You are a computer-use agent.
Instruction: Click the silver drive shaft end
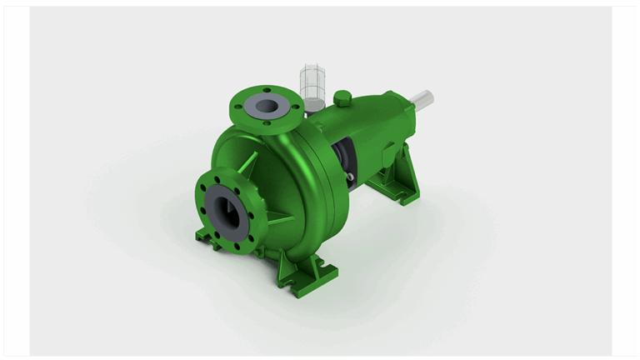pos(422,98)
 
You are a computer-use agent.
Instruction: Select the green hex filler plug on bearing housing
pos(342,98)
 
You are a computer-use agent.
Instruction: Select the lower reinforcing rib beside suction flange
pos(277,221)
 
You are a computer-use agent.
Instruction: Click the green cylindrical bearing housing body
pos(367,125)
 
